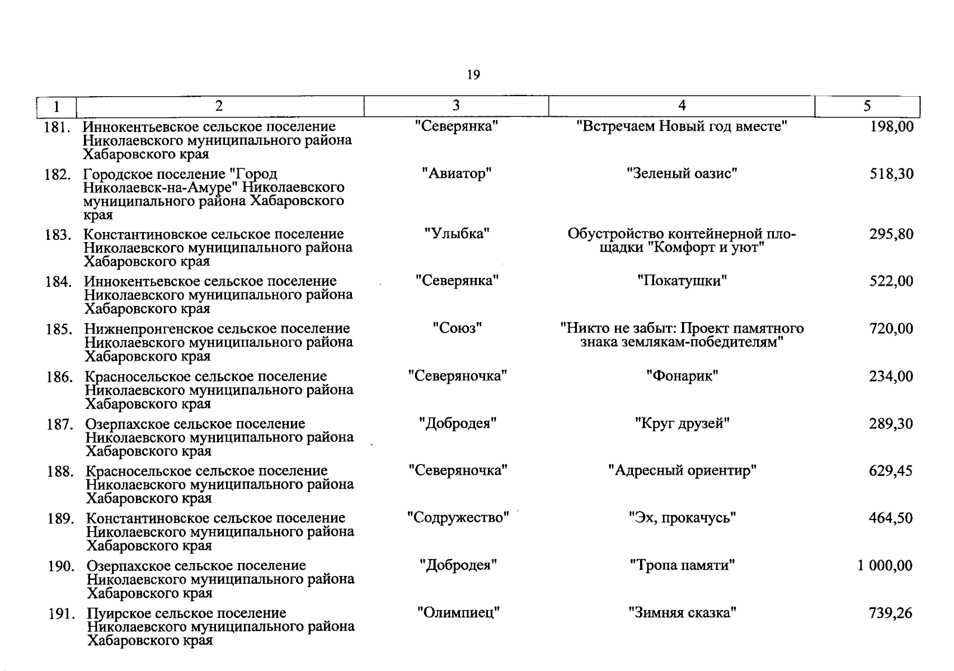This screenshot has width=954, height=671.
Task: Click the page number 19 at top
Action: click(x=473, y=75)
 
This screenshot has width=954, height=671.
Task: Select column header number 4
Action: click(x=682, y=106)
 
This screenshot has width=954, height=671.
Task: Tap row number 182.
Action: click(x=58, y=175)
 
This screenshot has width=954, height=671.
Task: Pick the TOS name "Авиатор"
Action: click(x=457, y=174)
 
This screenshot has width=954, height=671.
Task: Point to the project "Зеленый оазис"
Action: click(x=682, y=174)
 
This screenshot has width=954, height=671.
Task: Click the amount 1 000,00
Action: click(x=885, y=566)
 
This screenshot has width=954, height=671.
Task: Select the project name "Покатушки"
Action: click(x=682, y=281)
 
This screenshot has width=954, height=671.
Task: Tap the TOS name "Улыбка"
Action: click(x=457, y=234)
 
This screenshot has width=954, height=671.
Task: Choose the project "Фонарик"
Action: click(x=682, y=376)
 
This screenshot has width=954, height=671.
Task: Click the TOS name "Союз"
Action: click(x=457, y=328)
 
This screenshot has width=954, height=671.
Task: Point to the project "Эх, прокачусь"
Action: click(x=682, y=518)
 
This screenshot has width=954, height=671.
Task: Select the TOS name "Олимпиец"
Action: click(x=458, y=613)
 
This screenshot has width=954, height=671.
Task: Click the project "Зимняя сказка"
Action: click(x=682, y=613)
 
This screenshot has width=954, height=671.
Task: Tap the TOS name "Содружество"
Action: click(x=458, y=518)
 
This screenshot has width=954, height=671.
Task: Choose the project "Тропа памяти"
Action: click(x=682, y=566)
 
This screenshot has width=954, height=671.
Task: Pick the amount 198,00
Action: click(x=891, y=127)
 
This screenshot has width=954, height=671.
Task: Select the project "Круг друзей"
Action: click(x=682, y=424)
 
